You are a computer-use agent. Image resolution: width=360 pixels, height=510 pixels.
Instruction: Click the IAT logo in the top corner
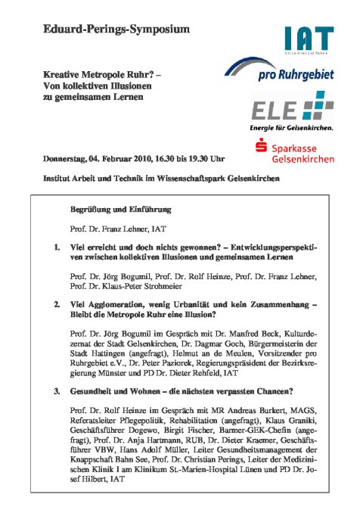tap(309, 38)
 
